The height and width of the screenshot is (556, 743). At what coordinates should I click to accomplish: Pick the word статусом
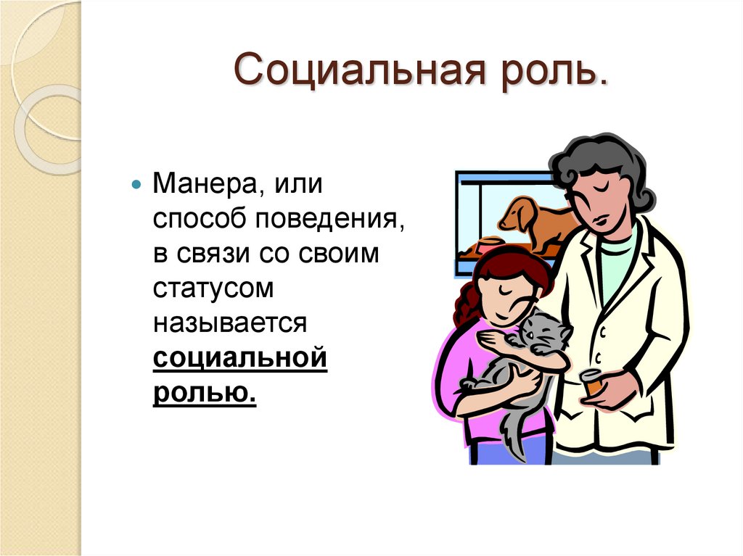213,288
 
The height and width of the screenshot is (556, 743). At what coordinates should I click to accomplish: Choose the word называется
231,323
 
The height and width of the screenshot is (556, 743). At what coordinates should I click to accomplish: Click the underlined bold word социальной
240,358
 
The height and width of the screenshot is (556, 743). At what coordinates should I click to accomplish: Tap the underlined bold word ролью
205,394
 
